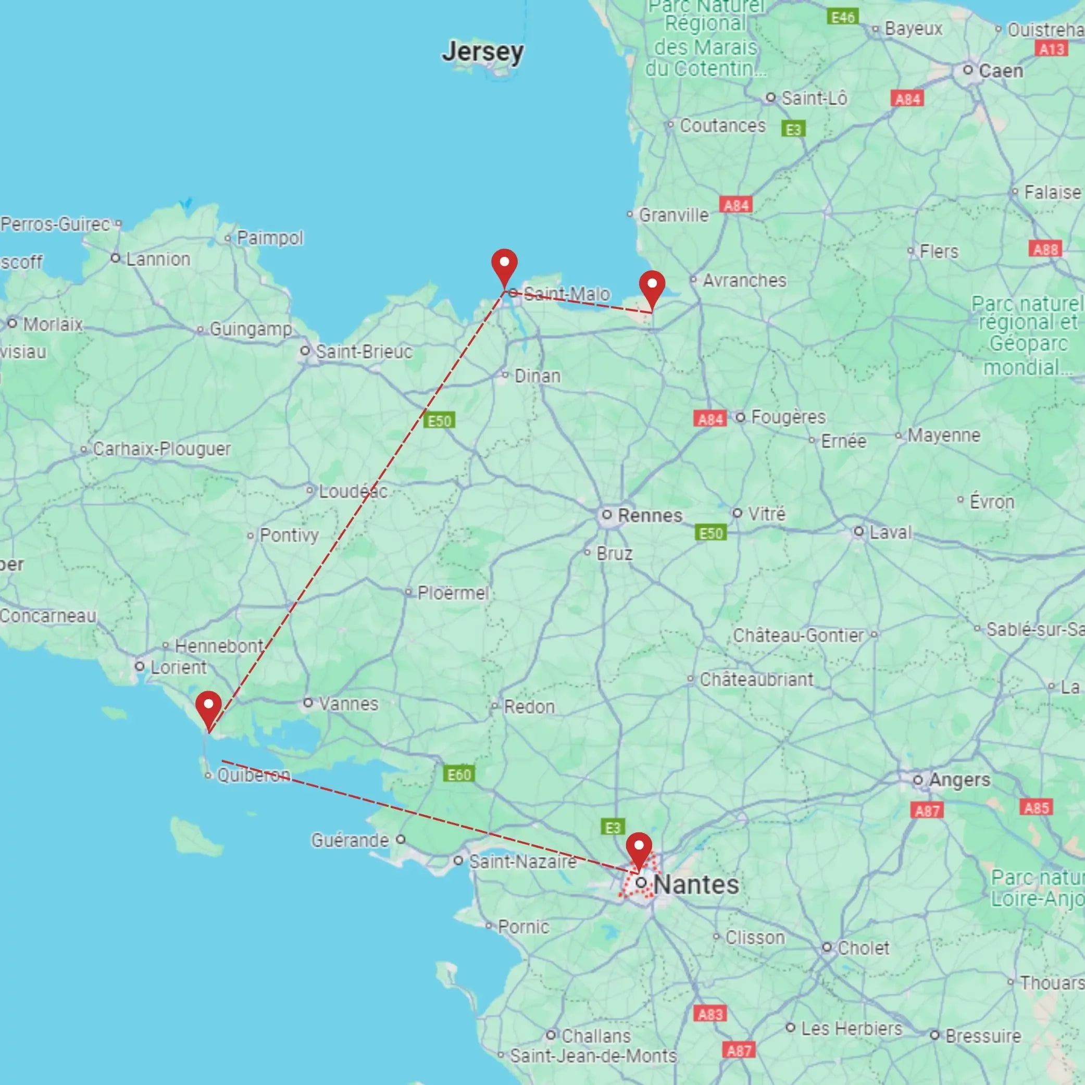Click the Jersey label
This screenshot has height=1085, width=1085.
coord(482,52)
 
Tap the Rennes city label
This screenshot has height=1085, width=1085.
coord(649,515)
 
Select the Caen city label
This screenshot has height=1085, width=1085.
coord(1000,71)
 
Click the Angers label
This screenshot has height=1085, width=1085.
coord(959,779)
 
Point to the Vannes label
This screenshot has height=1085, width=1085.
coord(348,704)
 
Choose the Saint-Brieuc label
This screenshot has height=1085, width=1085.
coord(364,352)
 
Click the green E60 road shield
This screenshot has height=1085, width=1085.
coord(459,775)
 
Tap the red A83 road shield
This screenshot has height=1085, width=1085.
coord(710,1014)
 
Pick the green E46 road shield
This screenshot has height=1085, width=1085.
coord(843,17)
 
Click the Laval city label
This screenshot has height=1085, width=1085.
coord(890,532)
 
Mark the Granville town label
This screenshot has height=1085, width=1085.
coord(674,215)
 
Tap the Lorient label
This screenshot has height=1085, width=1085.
coord(178,667)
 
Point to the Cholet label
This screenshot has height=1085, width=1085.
coord(863,948)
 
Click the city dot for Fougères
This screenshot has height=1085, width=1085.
coord(741,417)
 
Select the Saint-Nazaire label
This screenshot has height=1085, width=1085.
coord(522,862)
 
